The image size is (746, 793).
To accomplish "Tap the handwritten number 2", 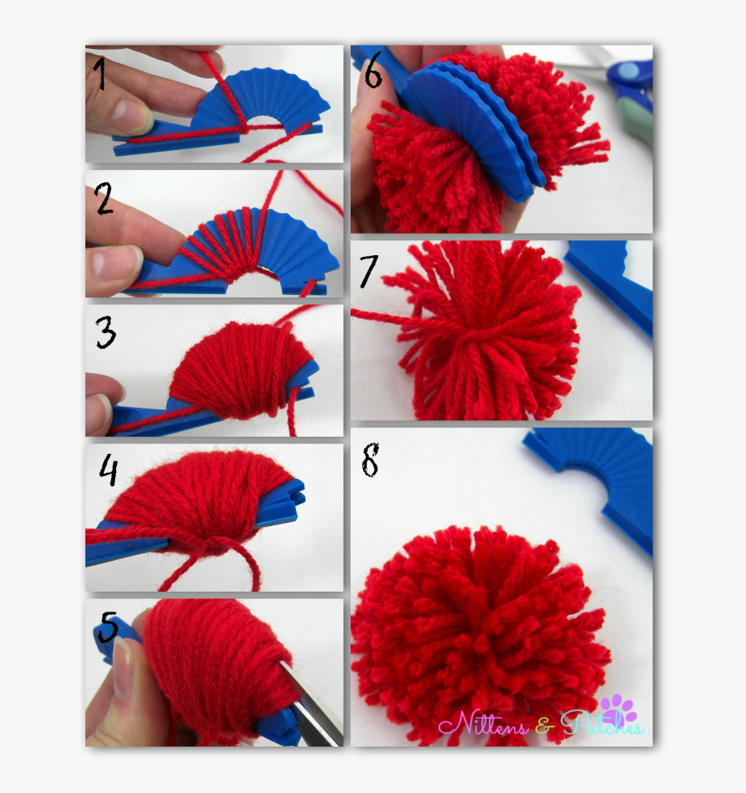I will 104,199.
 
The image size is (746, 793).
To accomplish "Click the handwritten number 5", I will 108,626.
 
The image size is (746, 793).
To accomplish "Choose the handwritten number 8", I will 370,460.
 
